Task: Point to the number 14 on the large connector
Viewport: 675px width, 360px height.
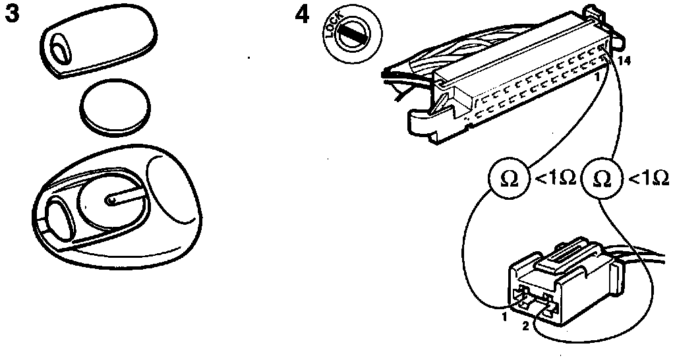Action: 625,61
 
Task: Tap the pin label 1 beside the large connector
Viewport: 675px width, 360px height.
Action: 597,76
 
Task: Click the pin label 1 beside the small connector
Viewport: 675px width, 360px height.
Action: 502,317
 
